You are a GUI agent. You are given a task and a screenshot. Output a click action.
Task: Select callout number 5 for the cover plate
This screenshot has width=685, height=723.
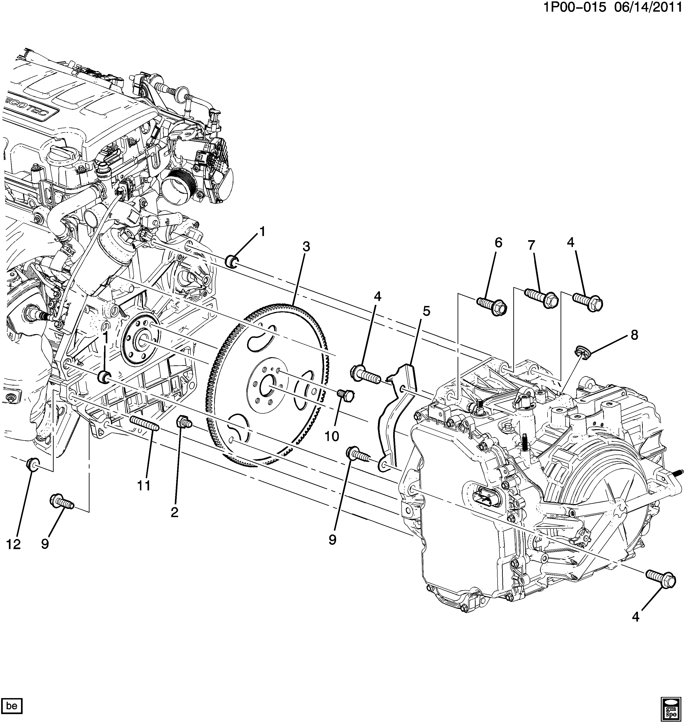[426, 311]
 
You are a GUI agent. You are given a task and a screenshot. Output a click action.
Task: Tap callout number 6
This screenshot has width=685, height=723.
[498, 243]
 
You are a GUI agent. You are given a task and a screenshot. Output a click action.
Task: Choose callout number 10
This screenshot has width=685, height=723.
[332, 436]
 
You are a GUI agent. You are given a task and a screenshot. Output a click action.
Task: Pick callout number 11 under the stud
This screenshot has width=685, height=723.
[144, 486]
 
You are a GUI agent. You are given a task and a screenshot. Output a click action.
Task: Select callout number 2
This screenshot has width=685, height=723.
[174, 513]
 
